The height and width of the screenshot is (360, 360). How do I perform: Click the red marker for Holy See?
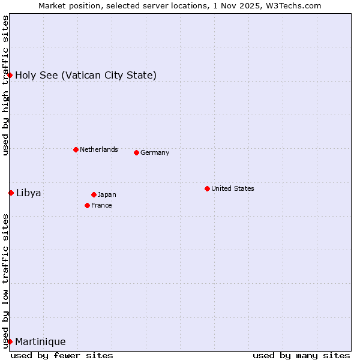[x=10, y=75]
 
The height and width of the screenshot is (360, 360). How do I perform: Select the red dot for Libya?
[x=11, y=193]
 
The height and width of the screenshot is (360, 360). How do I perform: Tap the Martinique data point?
[x=10, y=341]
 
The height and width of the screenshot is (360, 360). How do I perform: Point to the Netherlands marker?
[x=76, y=149]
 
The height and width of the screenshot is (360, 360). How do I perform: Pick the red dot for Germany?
[x=136, y=152]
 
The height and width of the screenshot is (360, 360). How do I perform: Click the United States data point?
[x=207, y=188]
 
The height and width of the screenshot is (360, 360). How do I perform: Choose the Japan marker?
[x=94, y=194]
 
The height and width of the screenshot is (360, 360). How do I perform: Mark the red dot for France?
[x=87, y=205]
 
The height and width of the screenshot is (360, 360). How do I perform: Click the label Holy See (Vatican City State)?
[x=86, y=75]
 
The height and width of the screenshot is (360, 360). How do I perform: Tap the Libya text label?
[x=28, y=193]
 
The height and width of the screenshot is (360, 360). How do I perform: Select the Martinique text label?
[x=40, y=341]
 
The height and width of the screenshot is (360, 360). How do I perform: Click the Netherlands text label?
[x=99, y=149]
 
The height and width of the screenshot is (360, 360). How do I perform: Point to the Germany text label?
[x=155, y=152]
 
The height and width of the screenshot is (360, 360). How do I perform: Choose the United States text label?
[x=233, y=188]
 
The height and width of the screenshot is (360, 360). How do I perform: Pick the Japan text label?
[x=107, y=194]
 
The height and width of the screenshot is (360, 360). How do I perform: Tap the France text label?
[x=101, y=205]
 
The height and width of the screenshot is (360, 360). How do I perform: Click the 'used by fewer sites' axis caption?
[x=62, y=355]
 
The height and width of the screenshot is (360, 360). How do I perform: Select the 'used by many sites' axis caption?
[x=301, y=355]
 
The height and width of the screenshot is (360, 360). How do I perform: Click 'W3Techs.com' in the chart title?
[x=293, y=5]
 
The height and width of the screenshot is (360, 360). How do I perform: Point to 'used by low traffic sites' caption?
[x=5, y=280]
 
